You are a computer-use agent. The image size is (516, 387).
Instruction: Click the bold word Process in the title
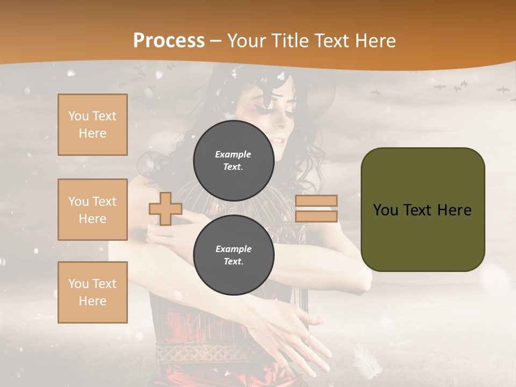pyautogui.click(x=169, y=40)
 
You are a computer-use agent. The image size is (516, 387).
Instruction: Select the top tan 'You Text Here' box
pyautogui.click(x=92, y=125)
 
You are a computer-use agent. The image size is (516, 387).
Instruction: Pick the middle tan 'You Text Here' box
pyautogui.click(x=92, y=210)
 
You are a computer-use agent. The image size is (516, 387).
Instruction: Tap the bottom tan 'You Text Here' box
pyautogui.click(x=92, y=292)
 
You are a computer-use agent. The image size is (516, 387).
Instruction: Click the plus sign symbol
pyautogui.click(x=165, y=209)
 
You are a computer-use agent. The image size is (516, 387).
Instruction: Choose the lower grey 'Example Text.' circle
pyautogui.click(x=233, y=255)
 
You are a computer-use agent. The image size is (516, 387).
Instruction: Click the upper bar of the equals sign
pyautogui.click(x=316, y=200)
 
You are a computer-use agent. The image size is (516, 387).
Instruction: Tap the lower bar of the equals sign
pyautogui.click(x=316, y=216)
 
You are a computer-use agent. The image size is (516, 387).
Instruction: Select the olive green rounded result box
pyautogui.click(x=422, y=209)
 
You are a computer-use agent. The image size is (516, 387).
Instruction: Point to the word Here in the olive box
pyautogui.click(x=454, y=210)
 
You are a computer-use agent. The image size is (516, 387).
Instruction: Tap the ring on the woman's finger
pyautogui.click(x=307, y=338)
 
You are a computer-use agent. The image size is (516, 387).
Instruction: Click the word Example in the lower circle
pyautogui.click(x=233, y=249)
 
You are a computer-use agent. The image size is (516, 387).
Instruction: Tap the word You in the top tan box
pyautogui.click(x=78, y=116)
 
